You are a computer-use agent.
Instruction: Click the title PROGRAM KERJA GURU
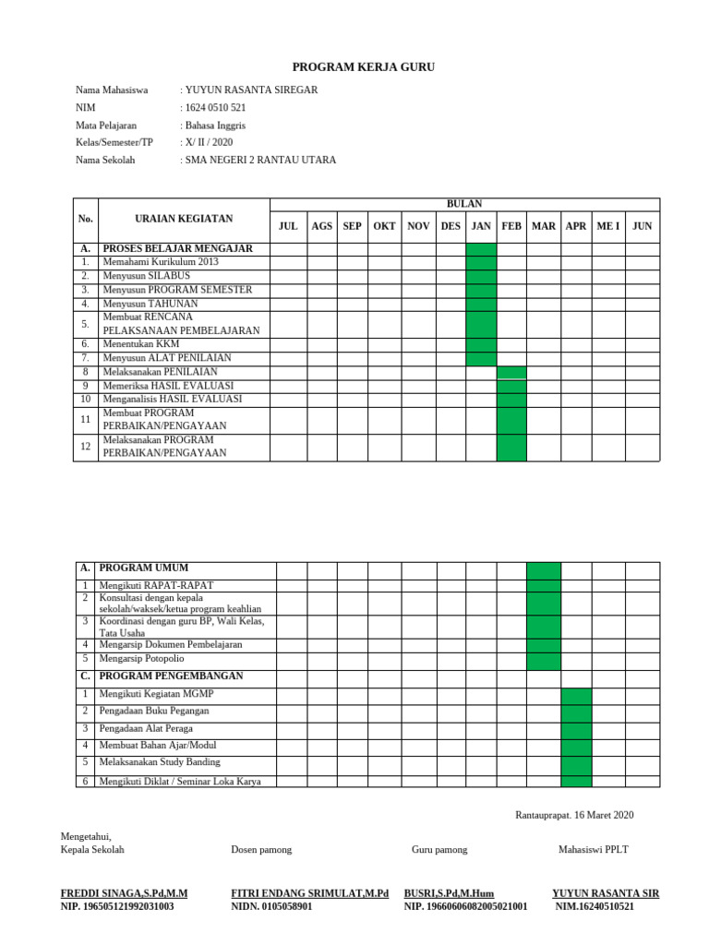pos(363,67)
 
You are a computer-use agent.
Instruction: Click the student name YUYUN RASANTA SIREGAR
pos(251,90)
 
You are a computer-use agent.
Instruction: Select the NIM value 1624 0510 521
pos(215,107)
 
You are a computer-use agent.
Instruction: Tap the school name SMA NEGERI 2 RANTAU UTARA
pos(260,160)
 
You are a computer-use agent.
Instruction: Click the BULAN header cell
pos(463,204)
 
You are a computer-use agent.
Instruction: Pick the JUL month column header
pos(288,226)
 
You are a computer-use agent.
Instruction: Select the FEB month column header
pos(511,226)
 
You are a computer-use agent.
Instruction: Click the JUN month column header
pos(642,226)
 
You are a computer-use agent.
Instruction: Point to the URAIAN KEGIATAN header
pos(183,219)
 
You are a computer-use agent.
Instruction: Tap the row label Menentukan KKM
pos(141,343)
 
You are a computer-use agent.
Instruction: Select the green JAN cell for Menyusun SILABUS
pos(481,276)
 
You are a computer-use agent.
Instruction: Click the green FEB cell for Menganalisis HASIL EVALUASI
pos(511,399)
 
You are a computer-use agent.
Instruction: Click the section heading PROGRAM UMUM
pos(146,568)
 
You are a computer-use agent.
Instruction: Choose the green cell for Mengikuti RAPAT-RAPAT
pos(543,586)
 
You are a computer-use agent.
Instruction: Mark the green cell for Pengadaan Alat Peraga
pos(576,729)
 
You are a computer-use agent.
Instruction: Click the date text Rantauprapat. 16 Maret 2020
pos(573,815)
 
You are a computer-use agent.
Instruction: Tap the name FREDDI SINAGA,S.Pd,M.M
pos(124,893)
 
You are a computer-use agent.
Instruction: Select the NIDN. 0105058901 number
pos(271,907)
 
